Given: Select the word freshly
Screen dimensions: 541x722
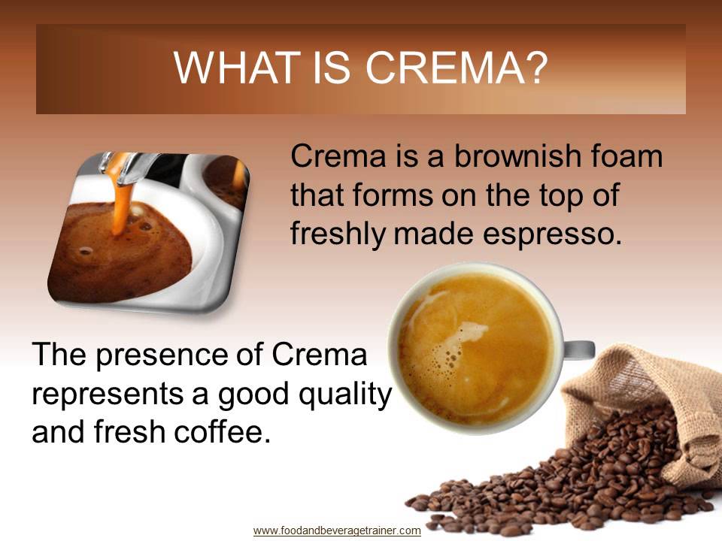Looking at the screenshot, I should pyautogui.click(x=337, y=234).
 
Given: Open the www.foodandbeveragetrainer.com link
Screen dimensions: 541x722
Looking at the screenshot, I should pyautogui.click(x=337, y=530).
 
